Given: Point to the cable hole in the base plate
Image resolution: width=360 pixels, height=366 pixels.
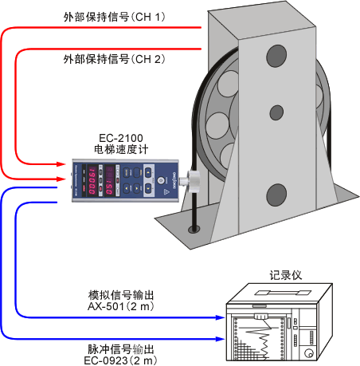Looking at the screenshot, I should coord(191,230).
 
